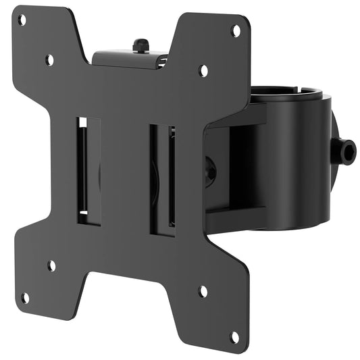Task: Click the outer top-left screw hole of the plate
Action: pos(22,20)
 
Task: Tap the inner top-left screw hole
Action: pos(50,60)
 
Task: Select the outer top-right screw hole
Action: pos(236,30)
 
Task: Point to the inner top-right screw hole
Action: pos(203,70)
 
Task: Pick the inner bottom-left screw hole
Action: pos(51,265)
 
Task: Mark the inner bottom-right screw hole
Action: pos(203,292)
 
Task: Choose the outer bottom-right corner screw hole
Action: pos(234,335)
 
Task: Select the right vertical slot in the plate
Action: pos(162,178)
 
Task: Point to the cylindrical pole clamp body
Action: pos(297,162)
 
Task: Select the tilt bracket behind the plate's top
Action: pos(128,59)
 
